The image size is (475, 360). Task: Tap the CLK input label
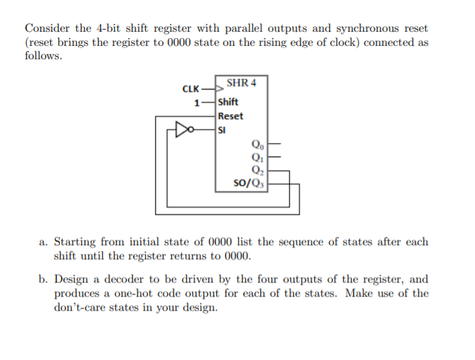pos(190,89)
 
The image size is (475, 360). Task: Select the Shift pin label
pos(228,102)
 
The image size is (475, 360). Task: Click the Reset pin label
pos(230,116)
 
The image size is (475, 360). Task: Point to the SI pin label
pos(223,130)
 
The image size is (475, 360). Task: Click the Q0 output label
pos(254,145)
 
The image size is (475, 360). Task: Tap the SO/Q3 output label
pos(247,184)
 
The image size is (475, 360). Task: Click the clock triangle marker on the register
pos(220,89)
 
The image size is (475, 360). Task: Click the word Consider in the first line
pos(48,28)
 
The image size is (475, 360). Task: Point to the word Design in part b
pos(73,279)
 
